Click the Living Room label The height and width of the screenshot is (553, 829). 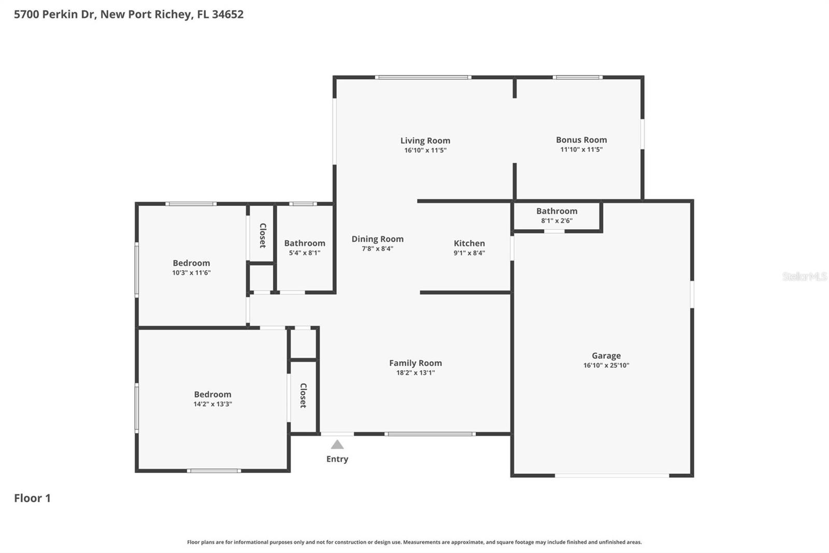click(425, 141)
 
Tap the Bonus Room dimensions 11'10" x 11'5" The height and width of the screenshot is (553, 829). click(581, 149)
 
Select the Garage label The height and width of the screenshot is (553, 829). click(606, 356)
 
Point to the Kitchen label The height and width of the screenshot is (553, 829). click(469, 243)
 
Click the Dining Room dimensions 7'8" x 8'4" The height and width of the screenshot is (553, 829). click(377, 249)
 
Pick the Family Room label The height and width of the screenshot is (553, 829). click(415, 363)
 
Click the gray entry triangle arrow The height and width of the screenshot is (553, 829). click(337, 445)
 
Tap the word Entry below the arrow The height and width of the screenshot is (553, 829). click(337, 459)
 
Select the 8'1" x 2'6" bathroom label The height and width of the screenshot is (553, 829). click(556, 211)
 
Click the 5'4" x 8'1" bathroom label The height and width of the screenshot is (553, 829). click(305, 243)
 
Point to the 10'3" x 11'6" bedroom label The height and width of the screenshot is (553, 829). click(191, 263)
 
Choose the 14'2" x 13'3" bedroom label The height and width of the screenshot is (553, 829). click(212, 395)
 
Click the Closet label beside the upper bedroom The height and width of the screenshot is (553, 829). click(263, 235)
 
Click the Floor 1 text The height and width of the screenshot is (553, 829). click(32, 498)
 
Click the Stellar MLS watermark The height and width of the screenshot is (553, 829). click(804, 276)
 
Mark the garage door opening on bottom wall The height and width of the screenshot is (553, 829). click(611, 475)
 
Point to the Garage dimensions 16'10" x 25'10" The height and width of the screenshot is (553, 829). click(606, 365)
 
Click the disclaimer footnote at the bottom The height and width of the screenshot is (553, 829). click(414, 542)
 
